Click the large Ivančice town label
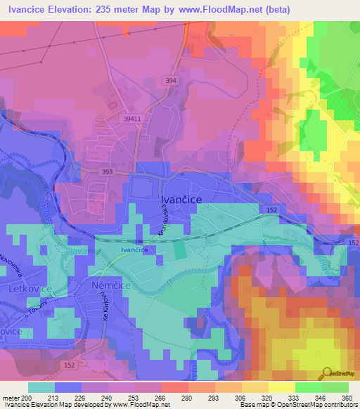pos(179,200)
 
